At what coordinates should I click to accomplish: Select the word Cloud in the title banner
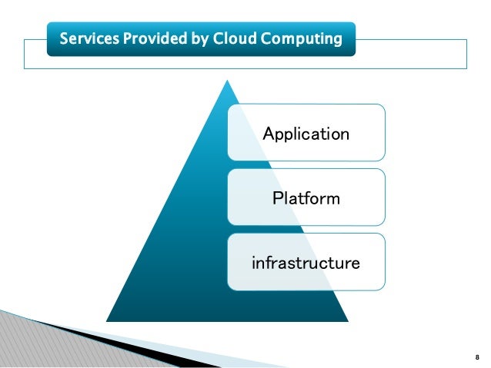click(229, 38)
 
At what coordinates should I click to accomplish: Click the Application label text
click(306, 134)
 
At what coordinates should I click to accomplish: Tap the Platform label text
click(306, 199)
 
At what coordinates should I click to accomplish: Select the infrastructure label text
click(306, 264)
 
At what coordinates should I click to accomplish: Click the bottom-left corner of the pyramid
click(107, 320)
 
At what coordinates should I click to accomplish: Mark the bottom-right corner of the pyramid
click(348, 320)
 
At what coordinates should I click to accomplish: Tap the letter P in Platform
click(277, 199)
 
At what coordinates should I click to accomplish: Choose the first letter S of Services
click(64, 38)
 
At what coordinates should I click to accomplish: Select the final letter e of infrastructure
click(355, 264)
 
